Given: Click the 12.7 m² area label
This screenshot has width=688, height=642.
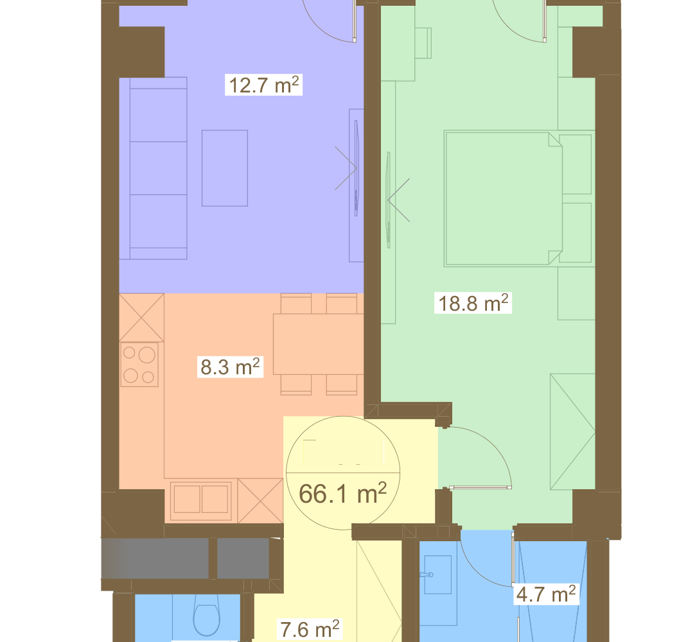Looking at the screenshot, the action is (x=264, y=85).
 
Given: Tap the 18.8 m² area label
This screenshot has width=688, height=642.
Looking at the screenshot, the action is (x=473, y=303).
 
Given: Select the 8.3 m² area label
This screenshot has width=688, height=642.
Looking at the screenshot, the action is (x=230, y=367).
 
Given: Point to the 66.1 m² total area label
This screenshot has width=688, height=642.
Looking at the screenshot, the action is (x=342, y=493).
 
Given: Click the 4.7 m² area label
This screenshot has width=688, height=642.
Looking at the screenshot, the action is (x=546, y=594).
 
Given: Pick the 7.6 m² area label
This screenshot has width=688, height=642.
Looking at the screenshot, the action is (x=310, y=629).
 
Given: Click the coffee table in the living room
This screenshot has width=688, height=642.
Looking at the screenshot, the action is (x=225, y=168).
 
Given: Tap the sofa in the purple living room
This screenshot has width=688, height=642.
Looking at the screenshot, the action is (x=153, y=168).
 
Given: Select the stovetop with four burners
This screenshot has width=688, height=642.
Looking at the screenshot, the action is (x=139, y=365).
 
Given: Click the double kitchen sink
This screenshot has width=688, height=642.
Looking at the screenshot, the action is (x=201, y=499).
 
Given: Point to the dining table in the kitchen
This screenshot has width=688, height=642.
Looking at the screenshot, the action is (x=318, y=344).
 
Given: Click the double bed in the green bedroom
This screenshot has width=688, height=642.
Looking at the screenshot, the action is (x=503, y=198).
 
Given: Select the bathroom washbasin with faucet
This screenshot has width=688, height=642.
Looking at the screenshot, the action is (x=437, y=575).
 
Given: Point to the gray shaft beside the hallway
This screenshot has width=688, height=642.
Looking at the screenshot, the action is (x=186, y=559).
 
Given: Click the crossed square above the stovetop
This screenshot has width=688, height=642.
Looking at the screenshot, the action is (x=142, y=318).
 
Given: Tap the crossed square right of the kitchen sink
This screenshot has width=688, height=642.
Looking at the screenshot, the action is (x=260, y=500).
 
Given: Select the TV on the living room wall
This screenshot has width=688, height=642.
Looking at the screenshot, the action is (x=356, y=168).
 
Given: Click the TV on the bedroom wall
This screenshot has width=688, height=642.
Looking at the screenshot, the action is (x=388, y=200).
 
